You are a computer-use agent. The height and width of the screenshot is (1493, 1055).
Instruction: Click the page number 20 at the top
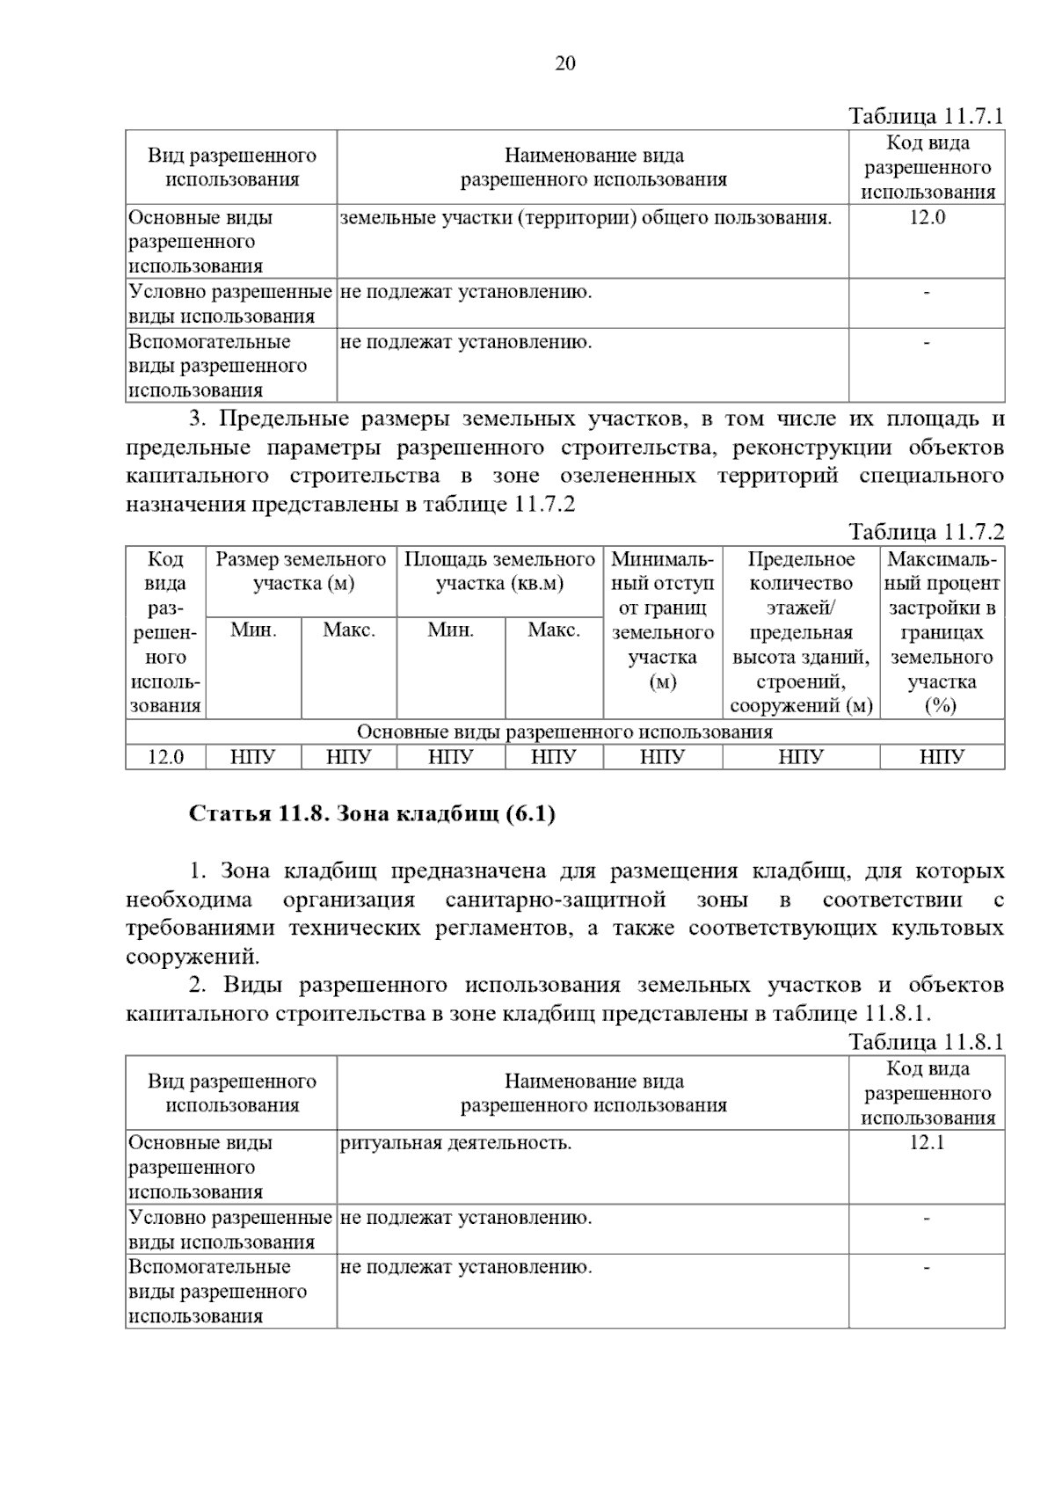click(x=565, y=63)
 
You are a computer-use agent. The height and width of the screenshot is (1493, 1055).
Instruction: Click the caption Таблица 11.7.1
click(x=926, y=116)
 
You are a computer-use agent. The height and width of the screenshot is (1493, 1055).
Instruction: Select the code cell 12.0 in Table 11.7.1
click(x=927, y=218)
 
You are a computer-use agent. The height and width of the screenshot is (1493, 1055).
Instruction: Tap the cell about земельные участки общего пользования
click(x=586, y=218)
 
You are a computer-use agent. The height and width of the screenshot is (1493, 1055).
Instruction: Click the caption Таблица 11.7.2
click(x=926, y=532)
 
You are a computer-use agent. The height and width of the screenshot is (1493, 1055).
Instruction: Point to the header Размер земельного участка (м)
click(x=301, y=572)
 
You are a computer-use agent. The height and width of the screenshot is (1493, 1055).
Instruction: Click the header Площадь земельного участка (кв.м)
click(x=499, y=572)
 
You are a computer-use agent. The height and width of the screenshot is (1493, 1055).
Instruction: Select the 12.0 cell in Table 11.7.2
click(x=165, y=757)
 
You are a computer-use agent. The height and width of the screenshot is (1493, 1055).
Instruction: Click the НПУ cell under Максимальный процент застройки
click(x=942, y=757)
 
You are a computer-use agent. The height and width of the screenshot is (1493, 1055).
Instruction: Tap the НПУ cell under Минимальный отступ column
click(x=662, y=757)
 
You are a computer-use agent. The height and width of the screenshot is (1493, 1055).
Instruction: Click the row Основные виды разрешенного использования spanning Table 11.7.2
click(x=564, y=732)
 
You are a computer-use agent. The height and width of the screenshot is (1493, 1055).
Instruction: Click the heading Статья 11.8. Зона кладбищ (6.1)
click(x=372, y=814)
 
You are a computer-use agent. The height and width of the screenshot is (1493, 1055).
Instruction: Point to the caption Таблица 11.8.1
click(x=926, y=1042)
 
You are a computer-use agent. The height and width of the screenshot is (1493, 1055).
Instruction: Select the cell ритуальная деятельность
click(x=455, y=1143)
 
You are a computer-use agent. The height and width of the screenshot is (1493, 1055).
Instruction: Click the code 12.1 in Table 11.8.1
click(x=927, y=1143)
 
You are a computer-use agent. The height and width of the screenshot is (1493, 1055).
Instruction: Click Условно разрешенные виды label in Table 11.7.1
click(x=230, y=304)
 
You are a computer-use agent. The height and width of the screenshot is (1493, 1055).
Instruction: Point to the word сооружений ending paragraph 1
click(x=193, y=957)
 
